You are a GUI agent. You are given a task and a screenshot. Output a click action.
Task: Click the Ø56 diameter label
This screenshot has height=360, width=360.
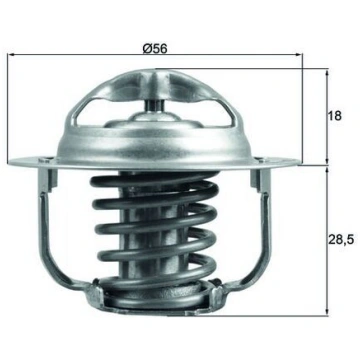(155, 49)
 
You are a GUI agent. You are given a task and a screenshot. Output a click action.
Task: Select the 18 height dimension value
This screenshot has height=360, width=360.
(335, 116)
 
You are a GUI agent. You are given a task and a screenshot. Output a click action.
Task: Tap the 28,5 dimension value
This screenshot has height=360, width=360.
(340, 239)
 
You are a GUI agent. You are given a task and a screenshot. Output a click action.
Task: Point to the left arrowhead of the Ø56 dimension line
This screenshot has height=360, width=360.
(11, 54)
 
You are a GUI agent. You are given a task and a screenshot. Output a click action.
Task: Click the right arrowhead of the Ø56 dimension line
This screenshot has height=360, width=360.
(299, 54)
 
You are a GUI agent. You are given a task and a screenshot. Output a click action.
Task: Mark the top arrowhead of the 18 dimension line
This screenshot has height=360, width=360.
(327, 73)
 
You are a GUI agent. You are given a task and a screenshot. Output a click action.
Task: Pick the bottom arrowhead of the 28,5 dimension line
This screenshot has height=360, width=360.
(327, 312)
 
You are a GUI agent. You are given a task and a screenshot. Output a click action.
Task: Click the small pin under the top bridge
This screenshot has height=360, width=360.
(154, 106)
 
